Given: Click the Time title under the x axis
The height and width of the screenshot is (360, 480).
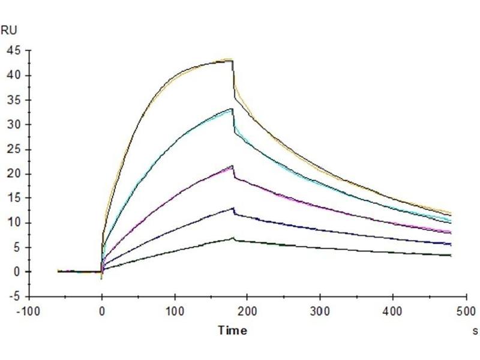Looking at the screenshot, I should (x=232, y=330).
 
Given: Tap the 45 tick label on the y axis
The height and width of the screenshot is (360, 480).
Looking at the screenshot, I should (x=13, y=51).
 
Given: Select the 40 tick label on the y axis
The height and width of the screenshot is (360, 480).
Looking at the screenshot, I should (x=13, y=76).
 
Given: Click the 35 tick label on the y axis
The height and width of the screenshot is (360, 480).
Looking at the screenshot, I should (x=13, y=100).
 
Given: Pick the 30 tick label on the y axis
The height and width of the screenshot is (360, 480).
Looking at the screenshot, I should (x=13, y=125).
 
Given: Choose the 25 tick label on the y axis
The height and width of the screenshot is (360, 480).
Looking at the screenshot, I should (x=13, y=149).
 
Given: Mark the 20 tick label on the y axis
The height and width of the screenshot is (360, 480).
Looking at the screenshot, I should (x=13, y=174).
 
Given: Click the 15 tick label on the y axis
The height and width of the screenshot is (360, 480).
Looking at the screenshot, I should (x=13, y=199).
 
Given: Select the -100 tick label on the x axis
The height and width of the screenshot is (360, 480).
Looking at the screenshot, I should (x=29, y=312).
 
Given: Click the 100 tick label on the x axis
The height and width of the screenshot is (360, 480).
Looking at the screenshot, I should (x=175, y=312).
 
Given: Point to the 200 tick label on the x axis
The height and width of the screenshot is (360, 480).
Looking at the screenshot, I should (x=247, y=312).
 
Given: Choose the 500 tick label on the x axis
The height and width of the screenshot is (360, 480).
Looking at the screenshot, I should (x=465, y=312).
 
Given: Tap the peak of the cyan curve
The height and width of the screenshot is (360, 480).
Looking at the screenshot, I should (x=232, y=109).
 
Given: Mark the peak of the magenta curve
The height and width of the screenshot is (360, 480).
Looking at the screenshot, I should (x=232, y=166).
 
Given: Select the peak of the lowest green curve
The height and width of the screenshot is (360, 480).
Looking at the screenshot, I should (x=232, y=238).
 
